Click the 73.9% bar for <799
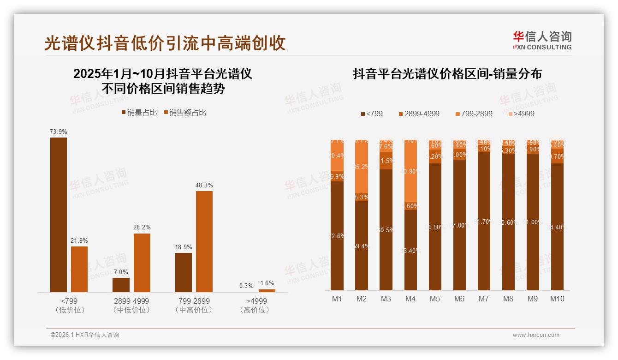click(59, 215)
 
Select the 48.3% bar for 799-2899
click(204, 241)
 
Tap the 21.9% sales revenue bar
click(79, 269)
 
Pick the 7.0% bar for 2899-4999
click(121, 285)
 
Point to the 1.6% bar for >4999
click(267, 291)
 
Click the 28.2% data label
click(142, 228)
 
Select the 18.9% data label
click(184, 247)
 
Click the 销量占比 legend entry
click(139, 113)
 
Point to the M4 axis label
click(410, 299)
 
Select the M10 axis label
click(557, 299)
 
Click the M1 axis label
click(337, 299)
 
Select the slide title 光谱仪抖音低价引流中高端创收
click(165, 43)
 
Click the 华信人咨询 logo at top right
click(542, 40)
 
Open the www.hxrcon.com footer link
click(536, 335)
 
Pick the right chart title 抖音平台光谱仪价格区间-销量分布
click(447, 74)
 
